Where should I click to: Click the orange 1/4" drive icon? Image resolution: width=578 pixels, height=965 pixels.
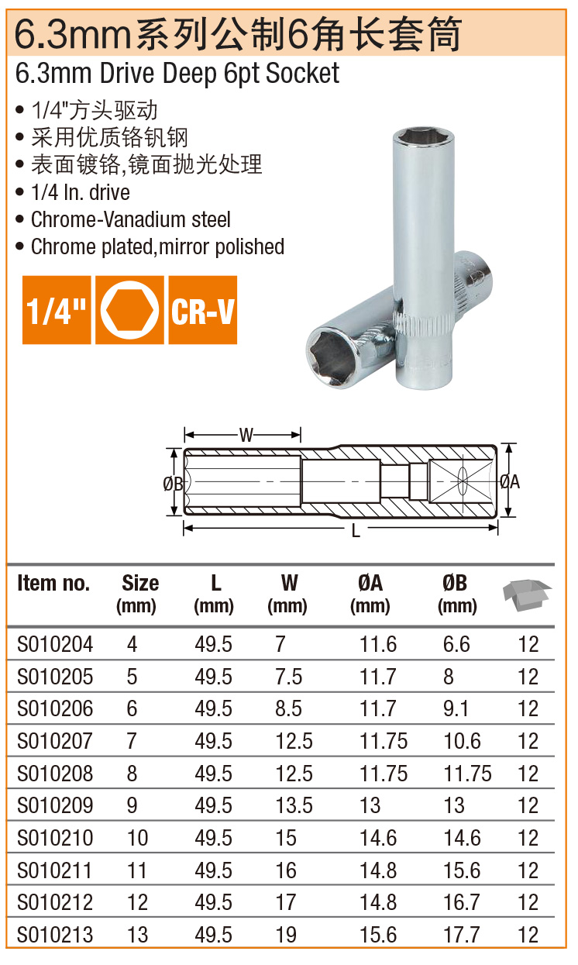point(57,310)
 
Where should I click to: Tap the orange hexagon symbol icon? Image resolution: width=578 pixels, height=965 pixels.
point(129,310)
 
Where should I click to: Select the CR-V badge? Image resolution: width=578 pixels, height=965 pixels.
point(203,310)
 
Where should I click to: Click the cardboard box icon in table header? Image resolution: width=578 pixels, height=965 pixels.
point(527,595)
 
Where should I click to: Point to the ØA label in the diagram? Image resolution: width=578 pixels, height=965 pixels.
point(510,482)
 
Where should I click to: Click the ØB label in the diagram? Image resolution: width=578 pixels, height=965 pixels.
point(173,484)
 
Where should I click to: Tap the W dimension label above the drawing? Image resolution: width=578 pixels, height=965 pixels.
point(246,435)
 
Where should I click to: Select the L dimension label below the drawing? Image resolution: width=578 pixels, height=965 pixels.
point(356,531)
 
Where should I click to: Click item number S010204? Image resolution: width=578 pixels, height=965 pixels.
point(55,644)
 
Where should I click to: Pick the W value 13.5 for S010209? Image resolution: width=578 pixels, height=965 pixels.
point(294,805)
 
